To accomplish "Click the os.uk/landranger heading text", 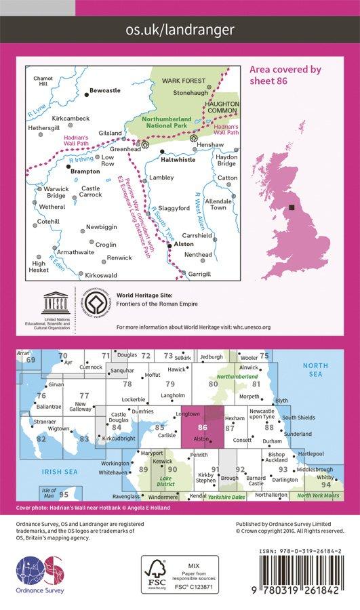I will coord(180,30).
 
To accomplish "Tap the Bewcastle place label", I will coord(105,89).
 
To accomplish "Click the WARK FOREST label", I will coord(178,80).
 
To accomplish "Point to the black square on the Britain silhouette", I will coord(292,208).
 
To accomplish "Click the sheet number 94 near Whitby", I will coord(326,485).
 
